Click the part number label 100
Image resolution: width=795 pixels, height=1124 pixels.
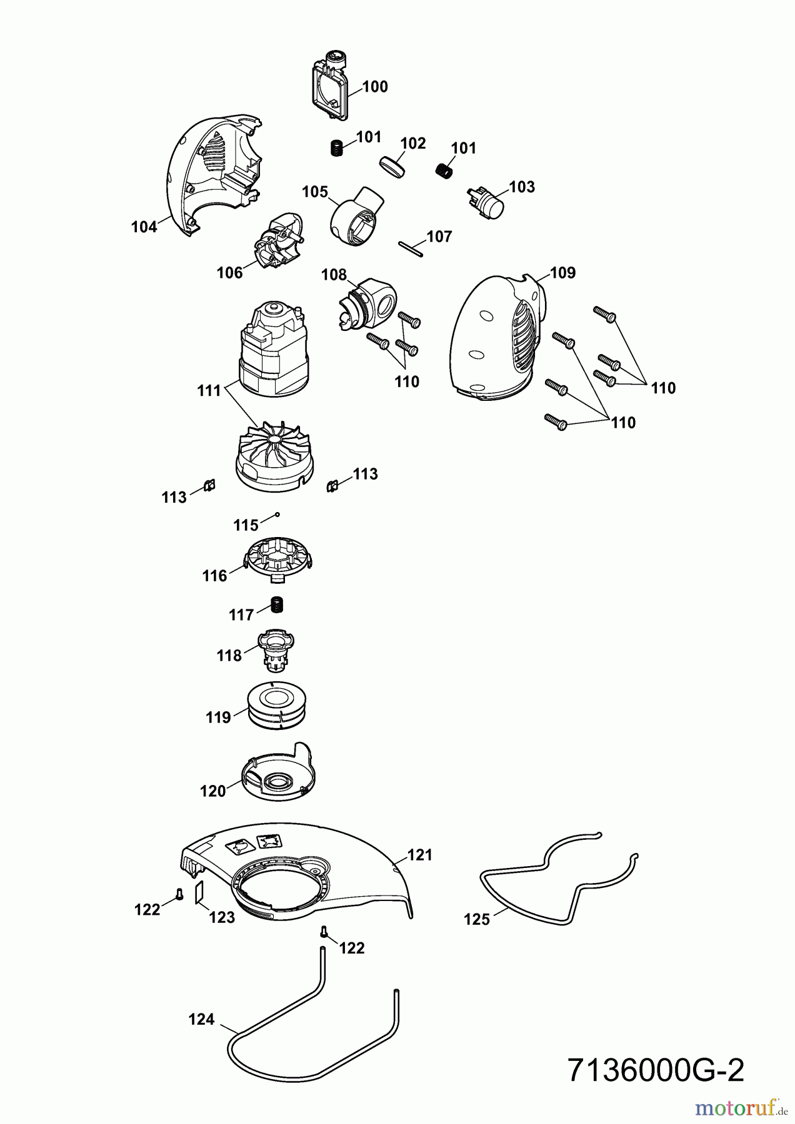coord(375,87)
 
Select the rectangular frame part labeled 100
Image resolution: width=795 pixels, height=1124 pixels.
coord(330,91)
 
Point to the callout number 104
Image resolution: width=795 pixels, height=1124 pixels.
coord(144,227)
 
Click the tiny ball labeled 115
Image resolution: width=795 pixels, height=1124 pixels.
coord(277,515)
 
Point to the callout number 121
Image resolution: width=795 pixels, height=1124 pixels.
coord(420,855)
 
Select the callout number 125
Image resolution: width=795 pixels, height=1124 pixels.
coord(477,919)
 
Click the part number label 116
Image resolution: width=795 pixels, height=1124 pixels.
coord(214,576)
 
